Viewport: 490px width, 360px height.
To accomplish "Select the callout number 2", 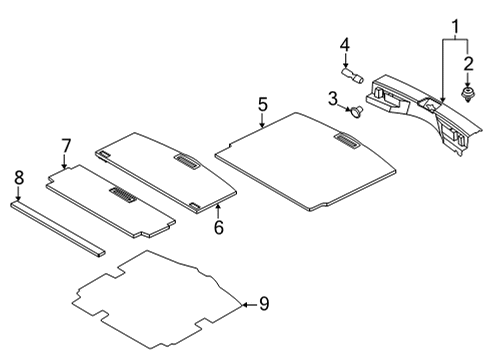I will tap(468, 65).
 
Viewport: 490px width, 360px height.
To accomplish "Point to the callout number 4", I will tap(344, 44).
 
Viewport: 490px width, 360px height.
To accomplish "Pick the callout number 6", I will tap(219, 227).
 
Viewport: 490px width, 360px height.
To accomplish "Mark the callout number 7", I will tap(66, 147).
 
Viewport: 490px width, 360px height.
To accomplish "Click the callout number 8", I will tap(18, 178).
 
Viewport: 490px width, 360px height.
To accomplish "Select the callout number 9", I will tap(264, 303).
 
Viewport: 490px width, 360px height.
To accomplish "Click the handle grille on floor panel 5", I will tap(346, 144).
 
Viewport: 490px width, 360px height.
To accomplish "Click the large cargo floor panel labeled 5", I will tap(300, 160).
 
